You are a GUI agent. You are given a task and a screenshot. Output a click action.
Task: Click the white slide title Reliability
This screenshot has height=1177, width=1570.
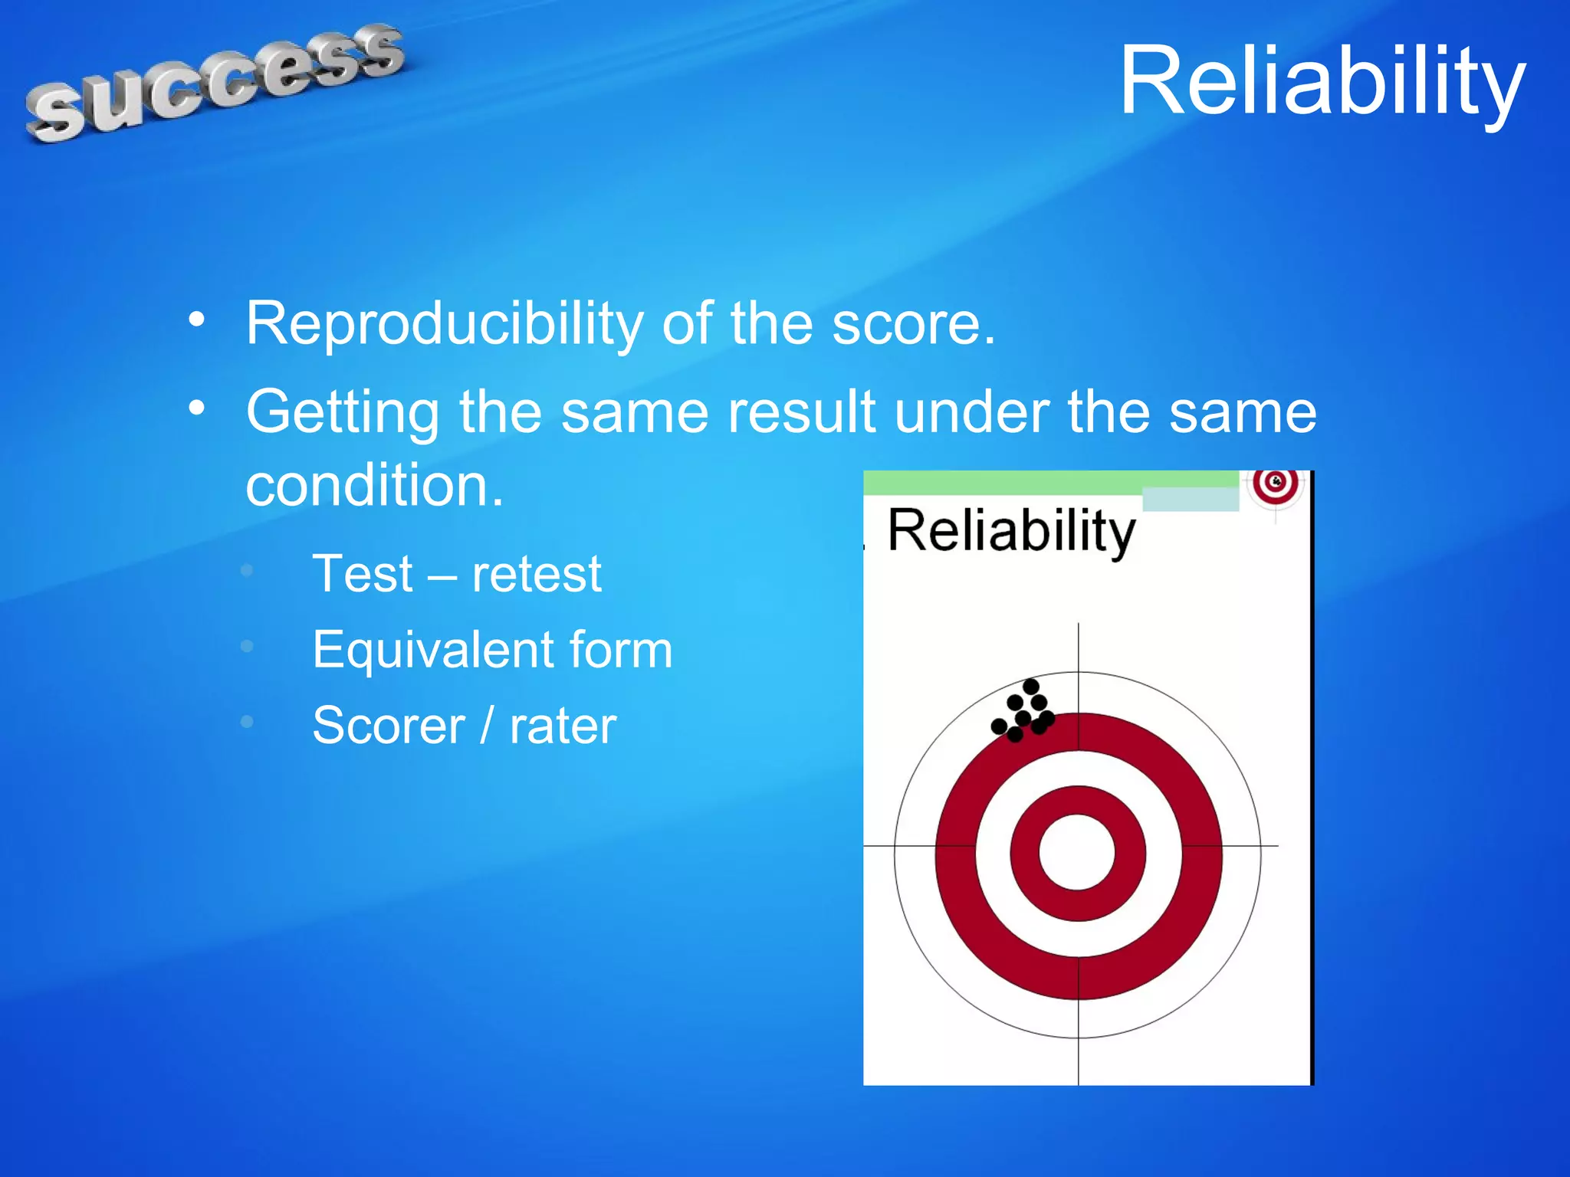click(1322, 81)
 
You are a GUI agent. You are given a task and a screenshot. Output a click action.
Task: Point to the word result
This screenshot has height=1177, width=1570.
click(802, 412)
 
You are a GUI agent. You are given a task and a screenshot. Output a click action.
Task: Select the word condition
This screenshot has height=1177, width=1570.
click(374, 486)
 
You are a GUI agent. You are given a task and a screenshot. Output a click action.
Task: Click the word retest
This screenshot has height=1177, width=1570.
click(537, 574)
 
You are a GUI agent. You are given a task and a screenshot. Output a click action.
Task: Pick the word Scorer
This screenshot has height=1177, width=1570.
click(389, 726)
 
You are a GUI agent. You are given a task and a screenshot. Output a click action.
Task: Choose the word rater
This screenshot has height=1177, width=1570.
click(563, 726)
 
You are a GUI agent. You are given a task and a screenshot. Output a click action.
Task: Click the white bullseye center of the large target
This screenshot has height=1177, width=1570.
click(1077, 852)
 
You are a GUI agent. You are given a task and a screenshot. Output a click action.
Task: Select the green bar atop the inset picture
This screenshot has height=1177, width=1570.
click(1050, 483)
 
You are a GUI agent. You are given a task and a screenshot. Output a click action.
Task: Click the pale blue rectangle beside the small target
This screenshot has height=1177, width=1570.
click(1190, 500)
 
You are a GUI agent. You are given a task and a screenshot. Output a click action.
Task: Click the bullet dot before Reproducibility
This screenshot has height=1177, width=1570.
click(197, 320)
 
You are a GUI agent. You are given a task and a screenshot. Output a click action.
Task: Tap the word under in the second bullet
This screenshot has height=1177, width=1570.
click(971, 412)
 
